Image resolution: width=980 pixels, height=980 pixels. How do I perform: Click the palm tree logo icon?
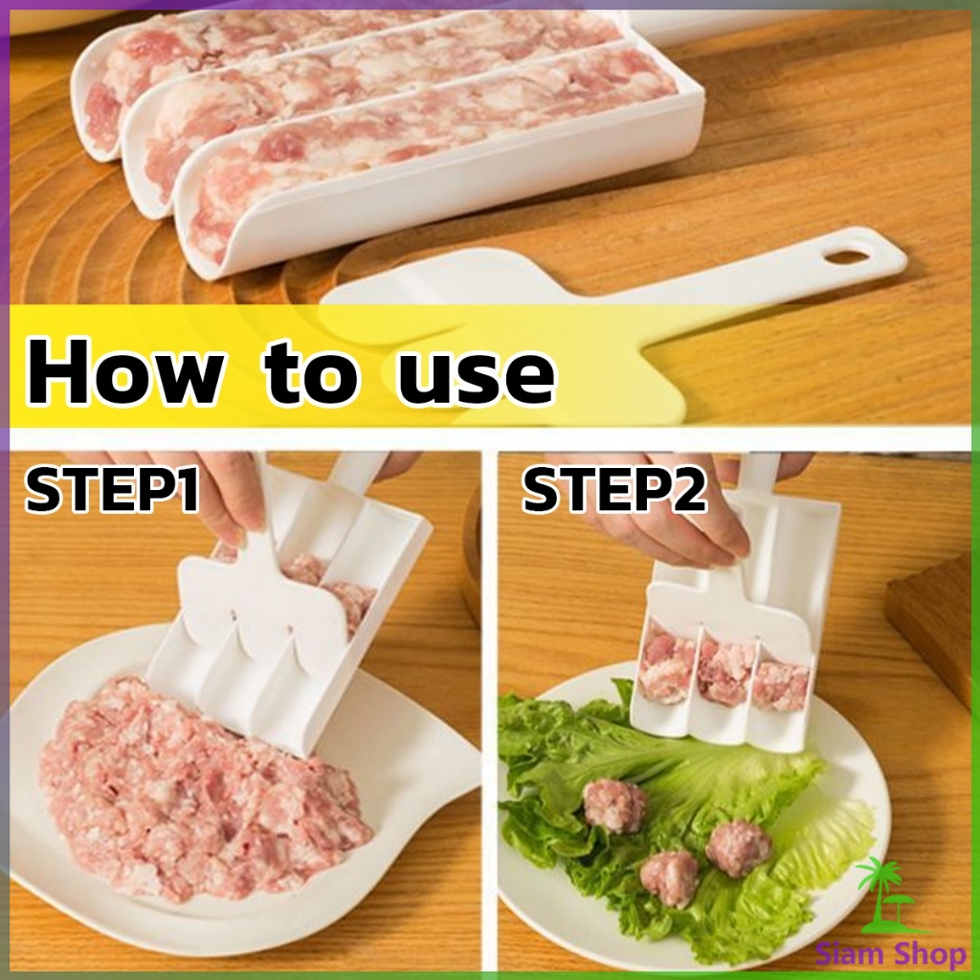(x=880, y=895)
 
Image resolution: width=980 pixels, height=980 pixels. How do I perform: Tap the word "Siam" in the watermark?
(x=851, y=954)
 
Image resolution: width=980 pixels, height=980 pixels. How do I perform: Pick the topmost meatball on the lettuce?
(x=615, y=805)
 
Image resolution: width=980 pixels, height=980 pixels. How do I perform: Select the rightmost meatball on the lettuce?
(x=739, y=847)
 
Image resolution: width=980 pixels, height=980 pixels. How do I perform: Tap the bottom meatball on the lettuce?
(x=669, y=878)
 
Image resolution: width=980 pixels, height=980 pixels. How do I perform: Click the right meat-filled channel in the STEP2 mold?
(x=781, y=684)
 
